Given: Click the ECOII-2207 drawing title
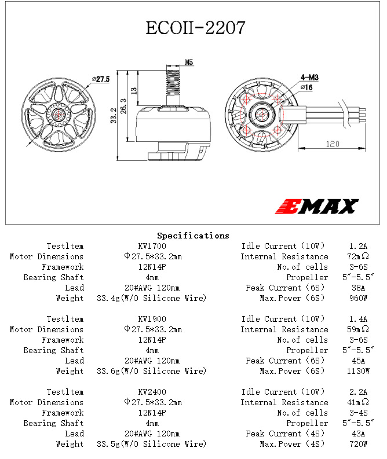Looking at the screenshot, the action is point(195,28).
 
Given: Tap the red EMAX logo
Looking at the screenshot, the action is point(317,207).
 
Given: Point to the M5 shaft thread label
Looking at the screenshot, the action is point(189,63).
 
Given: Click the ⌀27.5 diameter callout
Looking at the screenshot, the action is point(101,79).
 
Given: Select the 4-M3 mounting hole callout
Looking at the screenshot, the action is point(309,78).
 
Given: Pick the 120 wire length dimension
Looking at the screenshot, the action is point(333,144).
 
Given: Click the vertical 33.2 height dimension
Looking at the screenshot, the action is point(114,115).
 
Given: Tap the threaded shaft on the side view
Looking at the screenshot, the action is point(173,83).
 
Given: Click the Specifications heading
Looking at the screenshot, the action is point(193,236).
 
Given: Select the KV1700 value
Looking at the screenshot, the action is point(152,246).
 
